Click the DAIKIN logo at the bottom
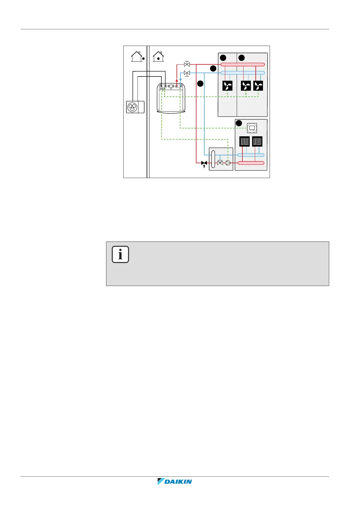coord(175,481)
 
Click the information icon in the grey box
coord(120,254)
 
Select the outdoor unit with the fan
coord(135,107)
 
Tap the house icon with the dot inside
coord(158,57)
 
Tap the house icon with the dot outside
coord(137,57)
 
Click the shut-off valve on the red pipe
coord(187,64)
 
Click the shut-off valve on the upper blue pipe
coord(187,73)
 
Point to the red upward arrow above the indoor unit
coord(177,80)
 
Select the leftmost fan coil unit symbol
coord(227,86)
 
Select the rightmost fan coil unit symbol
coord(258,86)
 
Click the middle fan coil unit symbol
coord(246,86)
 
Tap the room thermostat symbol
coord(252,128)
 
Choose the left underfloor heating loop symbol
coord(244,141)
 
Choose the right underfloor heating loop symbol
coord(257,141)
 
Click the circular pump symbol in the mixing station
coord(228,163)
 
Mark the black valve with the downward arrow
coord(204,163)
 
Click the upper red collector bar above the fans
coord(242,64)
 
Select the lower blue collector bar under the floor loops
coord(251,155)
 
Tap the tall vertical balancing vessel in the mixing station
coord(213,159)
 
